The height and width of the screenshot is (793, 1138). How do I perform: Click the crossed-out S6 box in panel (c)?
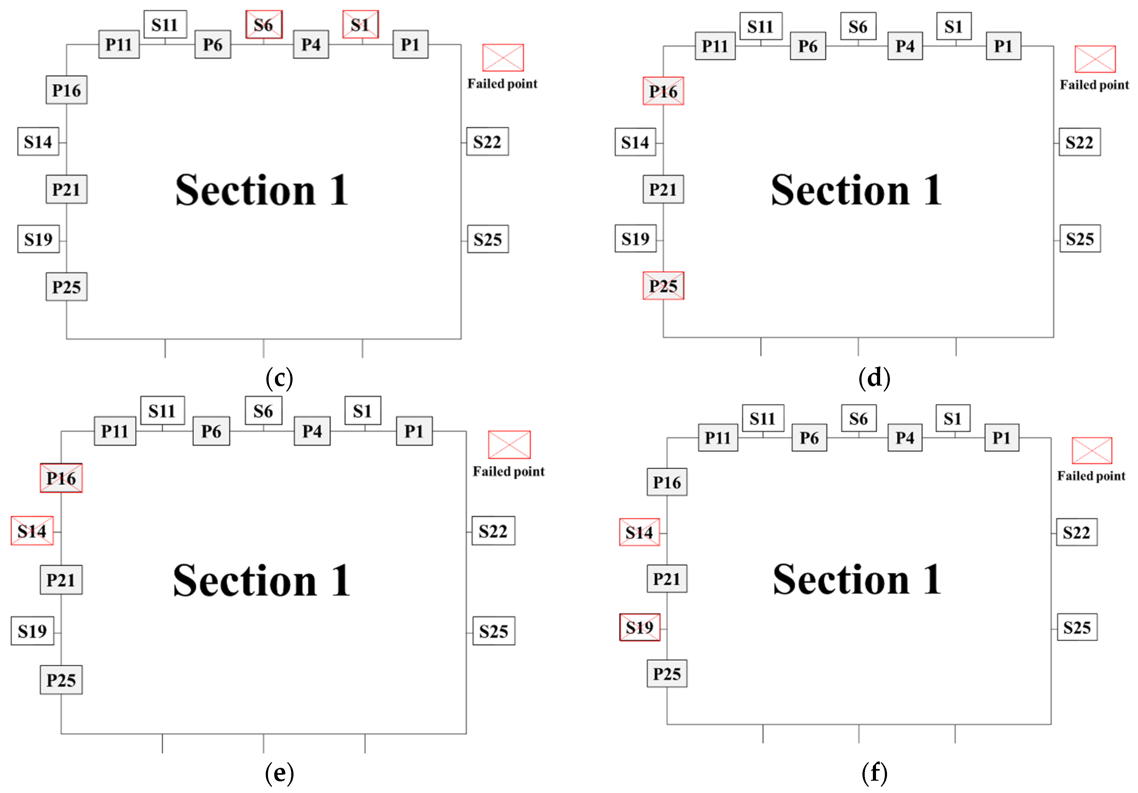coord(264,24)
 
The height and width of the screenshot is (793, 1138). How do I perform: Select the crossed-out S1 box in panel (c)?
coord(360,24)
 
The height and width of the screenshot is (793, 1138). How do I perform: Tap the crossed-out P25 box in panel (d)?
coord(663,286)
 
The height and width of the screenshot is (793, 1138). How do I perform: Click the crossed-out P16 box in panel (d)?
coord(663,91)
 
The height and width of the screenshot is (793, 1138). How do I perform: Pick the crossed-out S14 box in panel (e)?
coord(32,531)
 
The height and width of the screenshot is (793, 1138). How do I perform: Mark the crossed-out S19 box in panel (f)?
coord(640,627)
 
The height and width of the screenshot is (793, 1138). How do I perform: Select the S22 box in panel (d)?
coord(1079,142)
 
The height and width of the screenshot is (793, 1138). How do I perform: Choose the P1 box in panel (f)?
coord(1001,438)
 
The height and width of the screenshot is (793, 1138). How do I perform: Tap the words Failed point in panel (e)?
coord(509,471)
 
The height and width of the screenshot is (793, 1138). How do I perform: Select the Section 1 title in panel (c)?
coord(262,190)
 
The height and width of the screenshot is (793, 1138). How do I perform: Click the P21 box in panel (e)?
coord(61,580)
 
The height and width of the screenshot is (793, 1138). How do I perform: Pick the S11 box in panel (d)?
coord(760,26)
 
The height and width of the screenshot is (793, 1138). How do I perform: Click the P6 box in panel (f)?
coord(809,438)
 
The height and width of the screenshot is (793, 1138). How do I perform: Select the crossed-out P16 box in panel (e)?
coord(61,478)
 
